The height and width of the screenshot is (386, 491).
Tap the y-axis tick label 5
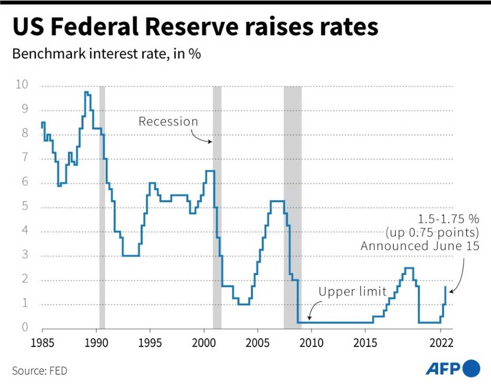(25, 206)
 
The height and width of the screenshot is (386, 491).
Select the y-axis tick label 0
(25, 328)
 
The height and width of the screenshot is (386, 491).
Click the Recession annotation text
(168, 122)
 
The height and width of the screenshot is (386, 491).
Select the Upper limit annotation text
(352, 292)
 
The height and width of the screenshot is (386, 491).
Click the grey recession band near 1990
(102, 206)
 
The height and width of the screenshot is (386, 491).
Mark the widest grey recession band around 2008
(292, 206)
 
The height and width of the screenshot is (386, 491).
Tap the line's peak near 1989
(87, 92)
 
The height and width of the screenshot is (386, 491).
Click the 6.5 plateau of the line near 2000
(210, 171)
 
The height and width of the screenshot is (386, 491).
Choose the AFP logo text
(443, 368)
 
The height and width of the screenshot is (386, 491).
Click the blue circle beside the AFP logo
(472, 368)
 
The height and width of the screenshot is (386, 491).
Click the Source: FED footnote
(40, 371)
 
